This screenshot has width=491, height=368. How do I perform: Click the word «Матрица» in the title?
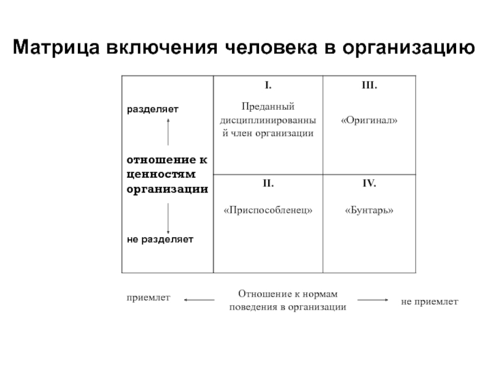56,48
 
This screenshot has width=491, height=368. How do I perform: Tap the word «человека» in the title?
271,47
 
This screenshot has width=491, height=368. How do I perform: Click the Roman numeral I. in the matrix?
268,85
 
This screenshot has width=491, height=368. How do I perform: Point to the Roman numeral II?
268,183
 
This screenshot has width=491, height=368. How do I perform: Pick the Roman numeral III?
369,85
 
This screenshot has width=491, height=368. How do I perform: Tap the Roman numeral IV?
369,183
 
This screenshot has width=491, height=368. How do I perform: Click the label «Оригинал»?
369,120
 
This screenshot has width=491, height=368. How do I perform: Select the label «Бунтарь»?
369,210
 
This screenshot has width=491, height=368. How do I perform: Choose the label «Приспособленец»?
268,210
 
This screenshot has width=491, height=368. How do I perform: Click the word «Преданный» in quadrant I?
268,107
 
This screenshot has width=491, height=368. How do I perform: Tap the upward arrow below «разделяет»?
168,132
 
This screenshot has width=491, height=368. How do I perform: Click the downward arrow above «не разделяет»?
168,218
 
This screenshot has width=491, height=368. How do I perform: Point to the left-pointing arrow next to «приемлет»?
199,300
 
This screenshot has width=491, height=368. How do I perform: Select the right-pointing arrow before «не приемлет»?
373,300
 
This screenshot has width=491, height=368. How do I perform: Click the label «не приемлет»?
430,302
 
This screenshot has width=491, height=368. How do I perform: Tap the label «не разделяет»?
160,240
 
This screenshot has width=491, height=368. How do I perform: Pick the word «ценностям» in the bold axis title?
161,175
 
